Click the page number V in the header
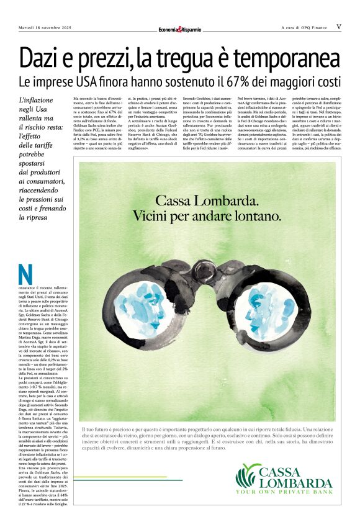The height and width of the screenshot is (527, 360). (339, 27)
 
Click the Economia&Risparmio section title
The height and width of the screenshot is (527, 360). (179, 29)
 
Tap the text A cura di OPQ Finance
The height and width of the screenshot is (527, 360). (304, 27)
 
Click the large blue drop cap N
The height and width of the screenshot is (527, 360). (25, 276)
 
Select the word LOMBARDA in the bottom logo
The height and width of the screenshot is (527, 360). (295, 483)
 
